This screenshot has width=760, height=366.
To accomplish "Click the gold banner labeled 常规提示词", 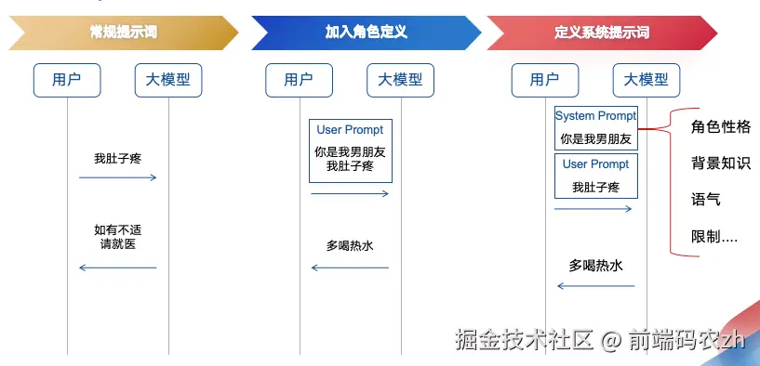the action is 124,33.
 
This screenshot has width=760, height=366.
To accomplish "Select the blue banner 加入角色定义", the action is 366,33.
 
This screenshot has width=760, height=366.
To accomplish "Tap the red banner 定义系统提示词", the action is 602,33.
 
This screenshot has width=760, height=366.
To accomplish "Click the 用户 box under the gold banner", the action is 67,81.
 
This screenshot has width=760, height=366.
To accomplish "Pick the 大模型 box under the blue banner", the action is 400,81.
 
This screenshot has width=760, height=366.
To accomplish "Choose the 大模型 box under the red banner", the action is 647,81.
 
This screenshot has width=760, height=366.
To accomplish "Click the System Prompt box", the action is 596,128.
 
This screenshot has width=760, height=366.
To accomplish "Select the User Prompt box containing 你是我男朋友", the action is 351,151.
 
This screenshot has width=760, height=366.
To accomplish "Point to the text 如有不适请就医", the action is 118,237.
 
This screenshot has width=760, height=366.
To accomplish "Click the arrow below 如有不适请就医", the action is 118,268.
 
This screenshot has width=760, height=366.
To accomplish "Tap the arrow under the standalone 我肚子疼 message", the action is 118,177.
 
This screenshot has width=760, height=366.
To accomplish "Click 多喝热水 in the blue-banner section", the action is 350,246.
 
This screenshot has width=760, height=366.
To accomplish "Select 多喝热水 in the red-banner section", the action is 595,266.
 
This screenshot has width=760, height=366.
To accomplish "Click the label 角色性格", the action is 721,127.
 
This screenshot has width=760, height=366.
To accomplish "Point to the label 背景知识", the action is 721,163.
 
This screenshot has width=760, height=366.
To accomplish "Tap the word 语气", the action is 706,200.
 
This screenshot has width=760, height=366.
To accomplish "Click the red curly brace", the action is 671,181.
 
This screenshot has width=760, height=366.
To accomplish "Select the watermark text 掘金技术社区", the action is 524,339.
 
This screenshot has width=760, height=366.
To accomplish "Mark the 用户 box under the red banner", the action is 545,81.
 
